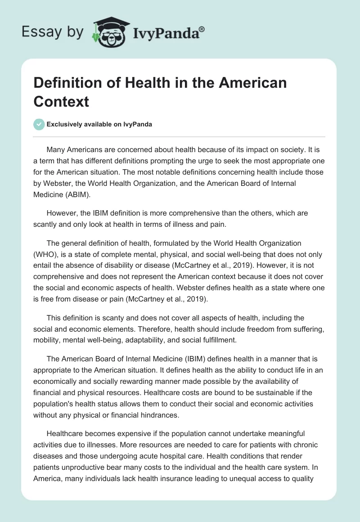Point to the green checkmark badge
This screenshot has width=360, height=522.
tap(39, 124)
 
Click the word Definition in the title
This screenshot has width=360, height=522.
tap(67, 83)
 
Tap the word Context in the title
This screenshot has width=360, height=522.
tap(61, 101)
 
